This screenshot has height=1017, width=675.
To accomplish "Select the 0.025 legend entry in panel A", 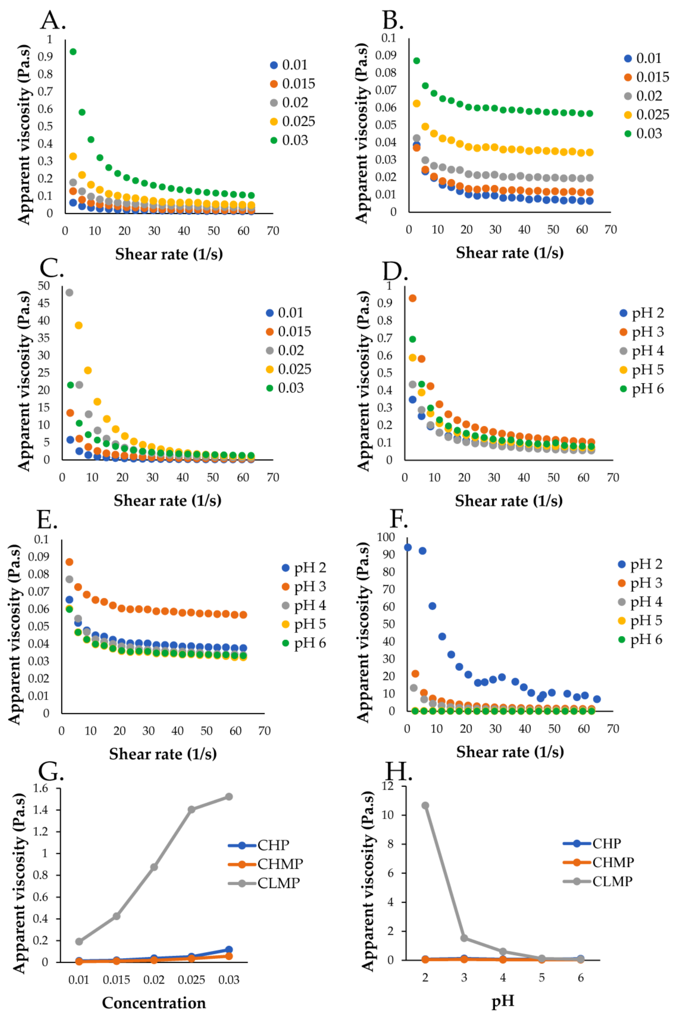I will click(293, 121).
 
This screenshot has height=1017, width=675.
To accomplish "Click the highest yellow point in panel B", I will click(416, 103).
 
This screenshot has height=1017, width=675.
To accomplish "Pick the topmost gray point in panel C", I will click(69, 292).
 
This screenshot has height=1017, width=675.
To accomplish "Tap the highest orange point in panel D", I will click(412, 298).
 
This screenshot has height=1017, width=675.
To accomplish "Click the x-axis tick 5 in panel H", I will click(542, 978).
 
